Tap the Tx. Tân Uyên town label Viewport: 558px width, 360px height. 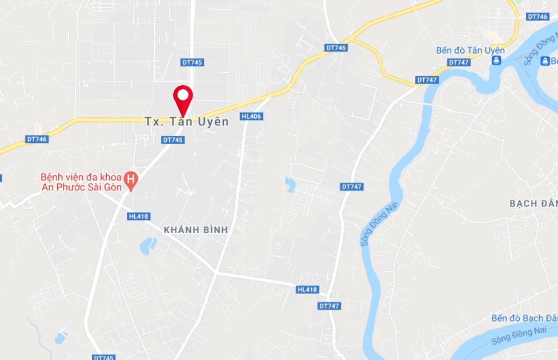pyautogui.click(x=186, y=122)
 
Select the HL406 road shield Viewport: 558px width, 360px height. pyautogui.click(x=251, y=117)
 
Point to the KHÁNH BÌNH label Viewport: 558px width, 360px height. pyautogui.click(x=195, y=230)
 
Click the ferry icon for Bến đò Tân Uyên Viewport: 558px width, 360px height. pyautogui.click(x=497, y=60)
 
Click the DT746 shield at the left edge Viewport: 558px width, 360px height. pyautogui.click(x=37, y=139)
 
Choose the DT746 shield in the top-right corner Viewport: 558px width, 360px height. pyautogui.click(x=537, y=17)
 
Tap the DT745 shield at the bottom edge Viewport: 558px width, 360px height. pyautogui.click(x=103, y=357)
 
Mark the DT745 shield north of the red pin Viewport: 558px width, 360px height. pyautogui.click(x=192, y=62)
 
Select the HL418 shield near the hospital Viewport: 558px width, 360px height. pyautogui.click(x=139, y=217)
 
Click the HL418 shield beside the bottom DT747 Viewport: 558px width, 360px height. pyautogui.click(x=307, y=290)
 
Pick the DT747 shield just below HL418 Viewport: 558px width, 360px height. pyautogui.click(x=330, y=306)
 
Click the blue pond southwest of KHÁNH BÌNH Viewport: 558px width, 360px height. pyautogui.click(x=147, y=246)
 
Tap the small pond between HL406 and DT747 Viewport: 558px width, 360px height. pyautogui.click(x=290, y=183)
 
